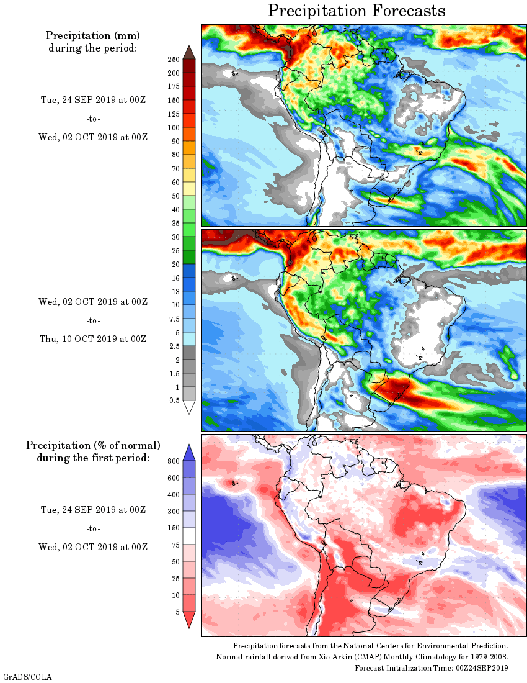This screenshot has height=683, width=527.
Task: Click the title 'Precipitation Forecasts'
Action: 356,11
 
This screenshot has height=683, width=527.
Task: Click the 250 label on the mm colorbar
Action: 174,60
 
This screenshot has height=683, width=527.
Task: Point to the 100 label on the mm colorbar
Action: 174,128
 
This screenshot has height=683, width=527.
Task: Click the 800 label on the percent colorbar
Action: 174,461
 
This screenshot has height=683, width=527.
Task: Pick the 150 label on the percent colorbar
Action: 174,528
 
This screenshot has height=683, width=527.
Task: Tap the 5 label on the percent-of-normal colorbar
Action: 177,612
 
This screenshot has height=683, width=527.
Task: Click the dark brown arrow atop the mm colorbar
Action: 189,52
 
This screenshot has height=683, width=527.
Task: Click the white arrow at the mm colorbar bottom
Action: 189,407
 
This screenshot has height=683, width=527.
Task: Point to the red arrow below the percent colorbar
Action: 189,620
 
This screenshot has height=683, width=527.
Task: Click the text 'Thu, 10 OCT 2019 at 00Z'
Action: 93,339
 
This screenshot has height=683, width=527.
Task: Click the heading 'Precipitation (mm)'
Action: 93,35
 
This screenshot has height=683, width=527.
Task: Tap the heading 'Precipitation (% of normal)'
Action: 93,446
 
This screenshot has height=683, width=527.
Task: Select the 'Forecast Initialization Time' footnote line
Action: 432,667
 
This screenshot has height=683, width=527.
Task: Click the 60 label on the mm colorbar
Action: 175,183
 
